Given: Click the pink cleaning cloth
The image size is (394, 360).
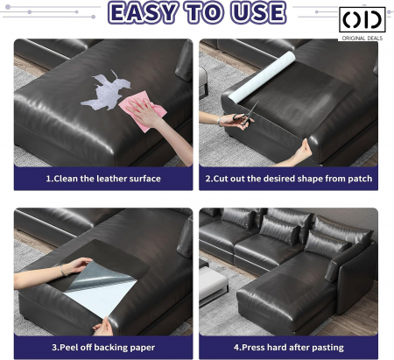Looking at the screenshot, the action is point(144,109).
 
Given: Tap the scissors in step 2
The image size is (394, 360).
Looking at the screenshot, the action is point(245,116).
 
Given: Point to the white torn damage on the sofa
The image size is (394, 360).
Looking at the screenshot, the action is point(106,90).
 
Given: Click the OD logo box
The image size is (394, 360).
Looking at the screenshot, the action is point(362,19).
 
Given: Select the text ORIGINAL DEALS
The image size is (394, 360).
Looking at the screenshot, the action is point(362,38).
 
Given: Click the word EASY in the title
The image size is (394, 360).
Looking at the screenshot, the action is point(143,13).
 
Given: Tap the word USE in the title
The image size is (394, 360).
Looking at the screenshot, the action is point(259,13).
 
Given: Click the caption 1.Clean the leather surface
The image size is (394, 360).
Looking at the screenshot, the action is point(103,179).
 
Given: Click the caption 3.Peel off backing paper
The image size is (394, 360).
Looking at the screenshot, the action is point(103,348).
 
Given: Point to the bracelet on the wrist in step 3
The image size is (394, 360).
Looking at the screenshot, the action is point(63,271).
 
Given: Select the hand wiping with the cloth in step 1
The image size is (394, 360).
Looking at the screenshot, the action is point(144,113).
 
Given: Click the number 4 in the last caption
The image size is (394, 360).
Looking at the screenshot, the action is point(236,348).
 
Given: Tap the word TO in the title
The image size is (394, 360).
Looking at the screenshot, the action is point(205,13).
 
